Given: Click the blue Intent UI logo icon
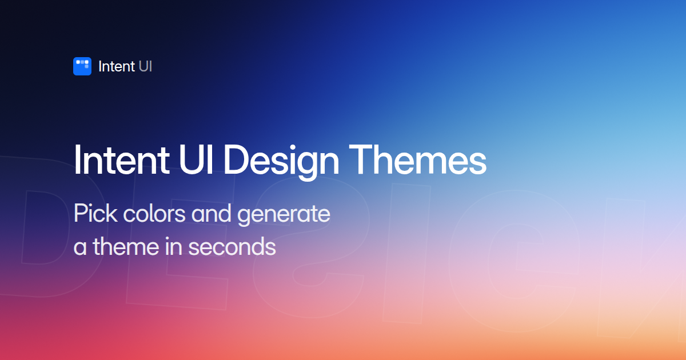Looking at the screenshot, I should [82, 66].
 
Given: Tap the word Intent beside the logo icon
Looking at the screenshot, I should [117, 66].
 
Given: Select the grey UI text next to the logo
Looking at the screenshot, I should [145, 66].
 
